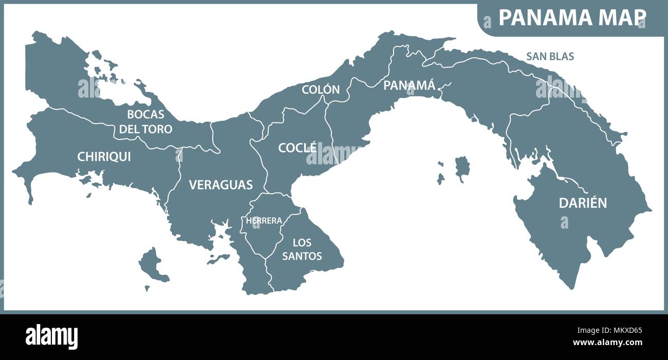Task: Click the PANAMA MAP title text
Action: click(572, 17)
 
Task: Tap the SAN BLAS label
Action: click(550, 56)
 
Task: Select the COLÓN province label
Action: click(321, 89)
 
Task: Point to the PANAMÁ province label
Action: click(410, 85)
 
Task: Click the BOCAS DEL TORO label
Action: click(146, 122)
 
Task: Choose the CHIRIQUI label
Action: click(104, 157)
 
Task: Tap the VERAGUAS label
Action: click(221, 185)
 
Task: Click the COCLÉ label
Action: click(298, 148)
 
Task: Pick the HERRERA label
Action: click(264, 221)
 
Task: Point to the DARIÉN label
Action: click(583, 203)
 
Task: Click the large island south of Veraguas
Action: click(153, 266)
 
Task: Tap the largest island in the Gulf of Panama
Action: click(462, 168)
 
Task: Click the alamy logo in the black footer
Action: click(51, 337)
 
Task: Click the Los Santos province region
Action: click(308, 267)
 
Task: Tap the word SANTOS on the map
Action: click(302, 255)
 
